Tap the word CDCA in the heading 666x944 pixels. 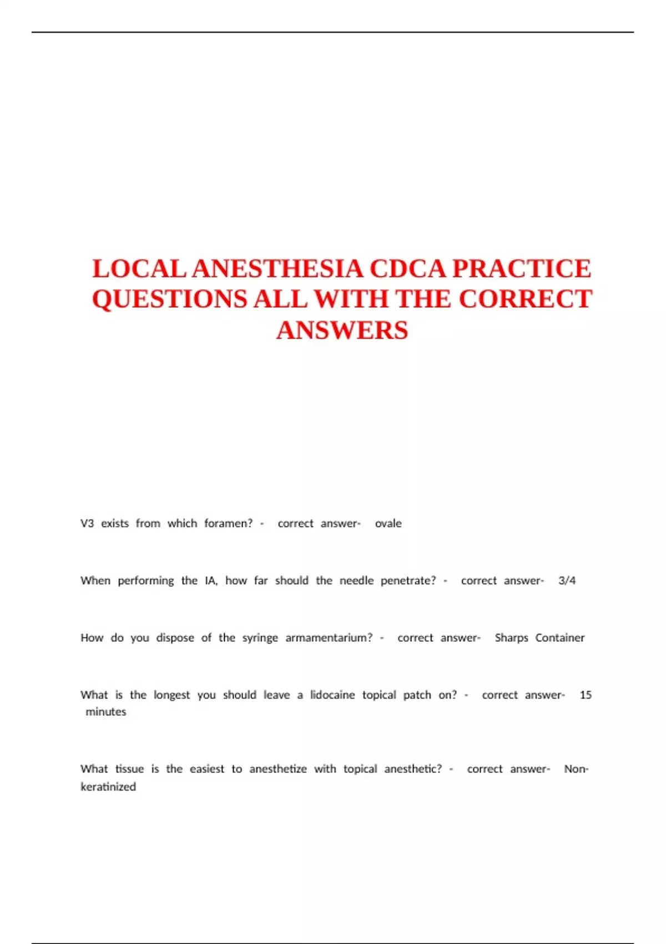pyautogui.click(x=408, y=269)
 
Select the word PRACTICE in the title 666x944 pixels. pyautogui.click(x=522, y=269)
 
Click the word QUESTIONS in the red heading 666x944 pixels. pyautogui.click(x=169, y=299)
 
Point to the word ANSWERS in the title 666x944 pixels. pyautogui.click(x=342, y=330)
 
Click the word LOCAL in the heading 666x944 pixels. pyautogui.click(x=139, y=269)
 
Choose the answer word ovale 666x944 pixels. pyautogui.click(x=388, y=524)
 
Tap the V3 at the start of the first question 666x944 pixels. pyautogui.click(x=87, y=524)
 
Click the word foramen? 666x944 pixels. pyautogui.click(x=228, y=524)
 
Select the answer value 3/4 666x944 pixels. pyautogui.click(x=567, y=581)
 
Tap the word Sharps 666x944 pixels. pyautogui.click(x=511, y=638)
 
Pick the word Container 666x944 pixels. pyautogui.click(x=559, y=638)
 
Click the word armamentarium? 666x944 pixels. pyautogui.click(x=329, y=638)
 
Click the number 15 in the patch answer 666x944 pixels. pyautogui.click(x=586, y=695)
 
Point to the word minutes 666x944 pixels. pyautogui.click(x=105, y=712)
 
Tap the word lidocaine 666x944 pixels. pyautogui.click(x=332, y=695)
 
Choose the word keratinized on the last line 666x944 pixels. pyautogui.click(x=108, y=787)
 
